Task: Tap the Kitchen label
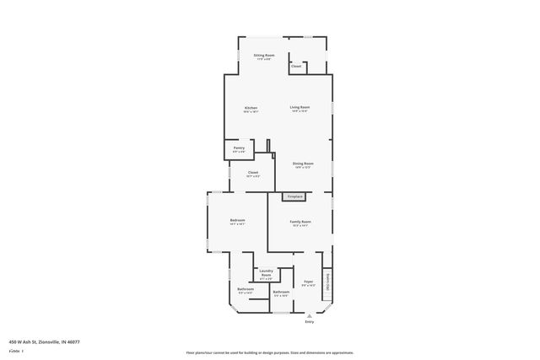[251, 108]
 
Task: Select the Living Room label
[300, 107]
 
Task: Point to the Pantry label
[239, 148]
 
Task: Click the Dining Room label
[303, 163]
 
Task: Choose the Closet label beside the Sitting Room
[296, 66]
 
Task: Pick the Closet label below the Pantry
[253, 173]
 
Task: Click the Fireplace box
[294, 196]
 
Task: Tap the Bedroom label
[237, 221]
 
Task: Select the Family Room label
[300, 221]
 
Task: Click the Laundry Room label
[266, 273]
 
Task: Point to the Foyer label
[308, 282]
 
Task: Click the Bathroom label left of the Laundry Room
[246, 289]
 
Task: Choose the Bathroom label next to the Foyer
[281, 292]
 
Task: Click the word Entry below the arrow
[309, 321]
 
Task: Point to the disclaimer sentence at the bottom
[269, 352]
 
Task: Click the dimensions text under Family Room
[300, 226]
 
